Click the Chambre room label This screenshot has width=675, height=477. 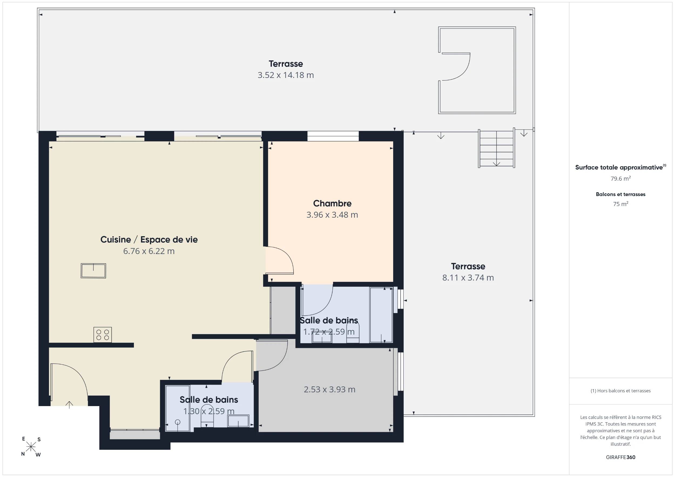tap(332, 203)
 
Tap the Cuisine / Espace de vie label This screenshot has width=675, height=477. tap(149, 239)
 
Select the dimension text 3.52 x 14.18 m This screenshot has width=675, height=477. tap(286, 75)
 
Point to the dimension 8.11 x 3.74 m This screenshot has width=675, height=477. tap(468, 277)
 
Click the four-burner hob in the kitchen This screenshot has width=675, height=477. tap(103, 335)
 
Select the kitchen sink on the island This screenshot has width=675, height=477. tap(93, 270)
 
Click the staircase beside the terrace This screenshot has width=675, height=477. tap(497, 148)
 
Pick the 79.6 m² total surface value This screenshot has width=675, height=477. tap(620, 179)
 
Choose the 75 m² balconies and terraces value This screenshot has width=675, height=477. tap(620, 204)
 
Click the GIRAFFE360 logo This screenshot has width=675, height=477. tap(620, 457)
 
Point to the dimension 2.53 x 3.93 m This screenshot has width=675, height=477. tap(329, 389)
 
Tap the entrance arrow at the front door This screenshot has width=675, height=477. tap(69, 405)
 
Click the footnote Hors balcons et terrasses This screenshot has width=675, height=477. tap(620, 391)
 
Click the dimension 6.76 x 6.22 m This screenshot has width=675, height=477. tap(149, 251)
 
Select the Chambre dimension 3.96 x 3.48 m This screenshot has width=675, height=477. tap(332, 215)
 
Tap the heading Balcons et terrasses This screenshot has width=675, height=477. tap(620, 194)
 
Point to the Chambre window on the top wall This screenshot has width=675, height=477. tap(333, 136)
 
